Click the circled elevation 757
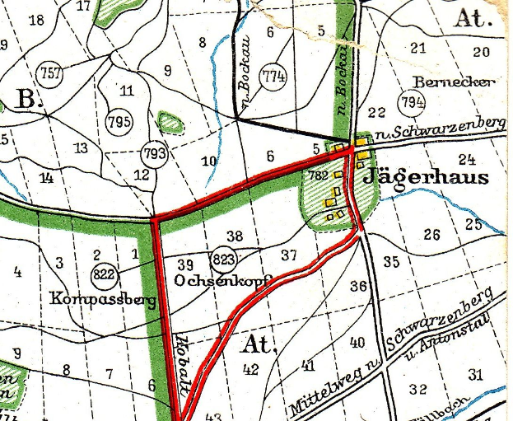click(x=51, y=73)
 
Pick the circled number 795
click(x=119, y=122)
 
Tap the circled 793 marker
click(x=155, y=153)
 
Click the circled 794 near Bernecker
click(x=411, y=103)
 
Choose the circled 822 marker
click(x=105, y=274)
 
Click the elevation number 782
click(x=318, y=175)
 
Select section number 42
click(x=250, y=370)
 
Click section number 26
click(x=431, y=235)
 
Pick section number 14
click(x=45, y=177)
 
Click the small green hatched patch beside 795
click(x=170, y=122)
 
